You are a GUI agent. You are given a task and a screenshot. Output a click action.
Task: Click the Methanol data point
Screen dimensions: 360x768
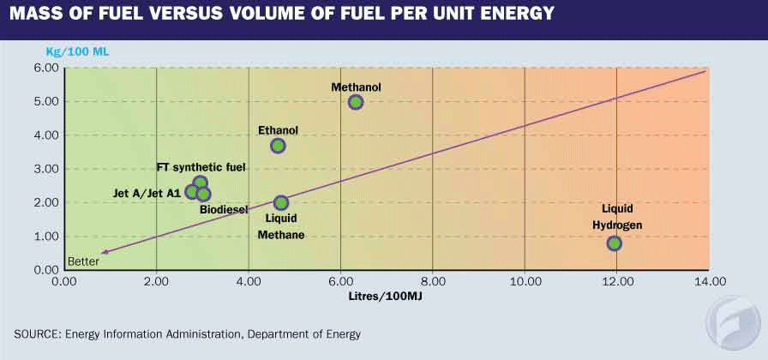click(356, 102)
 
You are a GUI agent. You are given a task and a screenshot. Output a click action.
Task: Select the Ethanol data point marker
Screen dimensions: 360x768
click(278, 146)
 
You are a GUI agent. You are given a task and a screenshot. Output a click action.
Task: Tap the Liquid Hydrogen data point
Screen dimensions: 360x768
click(614, 243)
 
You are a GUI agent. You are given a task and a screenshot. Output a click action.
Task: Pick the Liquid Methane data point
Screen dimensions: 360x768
click(281, 203)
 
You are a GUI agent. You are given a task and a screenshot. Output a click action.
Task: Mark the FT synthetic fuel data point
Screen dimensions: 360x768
click(201, 183)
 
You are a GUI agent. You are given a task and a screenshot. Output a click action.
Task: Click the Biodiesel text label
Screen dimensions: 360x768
click(224, 209)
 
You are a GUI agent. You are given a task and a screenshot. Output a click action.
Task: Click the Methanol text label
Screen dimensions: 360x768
click(356, 87)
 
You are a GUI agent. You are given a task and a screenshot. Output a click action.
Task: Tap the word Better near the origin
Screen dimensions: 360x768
click(82, 261)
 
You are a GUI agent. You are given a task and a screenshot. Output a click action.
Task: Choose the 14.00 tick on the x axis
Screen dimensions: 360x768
click(708, 281)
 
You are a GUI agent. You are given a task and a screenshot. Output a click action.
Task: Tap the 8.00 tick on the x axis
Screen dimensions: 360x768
click(432, 281)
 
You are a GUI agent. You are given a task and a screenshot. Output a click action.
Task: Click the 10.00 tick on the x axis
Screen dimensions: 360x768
click(524, 281)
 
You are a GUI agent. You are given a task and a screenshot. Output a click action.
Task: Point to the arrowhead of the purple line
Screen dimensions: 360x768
click(102, 253)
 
